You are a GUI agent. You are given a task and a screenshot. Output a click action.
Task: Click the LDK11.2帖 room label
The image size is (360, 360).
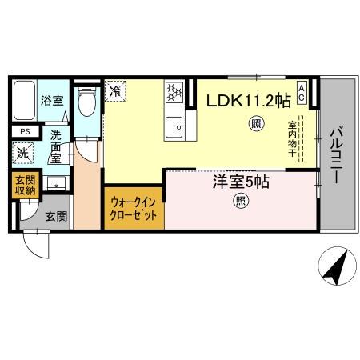249,101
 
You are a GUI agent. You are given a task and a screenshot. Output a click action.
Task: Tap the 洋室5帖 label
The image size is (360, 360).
240,182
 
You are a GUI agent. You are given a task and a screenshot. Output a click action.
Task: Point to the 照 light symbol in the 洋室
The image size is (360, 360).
240,202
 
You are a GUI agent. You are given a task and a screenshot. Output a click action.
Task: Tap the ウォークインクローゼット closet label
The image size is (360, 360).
133,210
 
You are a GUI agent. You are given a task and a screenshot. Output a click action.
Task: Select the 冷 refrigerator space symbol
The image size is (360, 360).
116,91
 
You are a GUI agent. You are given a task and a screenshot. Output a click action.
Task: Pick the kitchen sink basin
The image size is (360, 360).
175,126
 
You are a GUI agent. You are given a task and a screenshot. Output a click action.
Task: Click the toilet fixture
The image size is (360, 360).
87,102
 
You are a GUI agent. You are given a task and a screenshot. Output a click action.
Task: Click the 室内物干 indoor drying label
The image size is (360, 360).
293,140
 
